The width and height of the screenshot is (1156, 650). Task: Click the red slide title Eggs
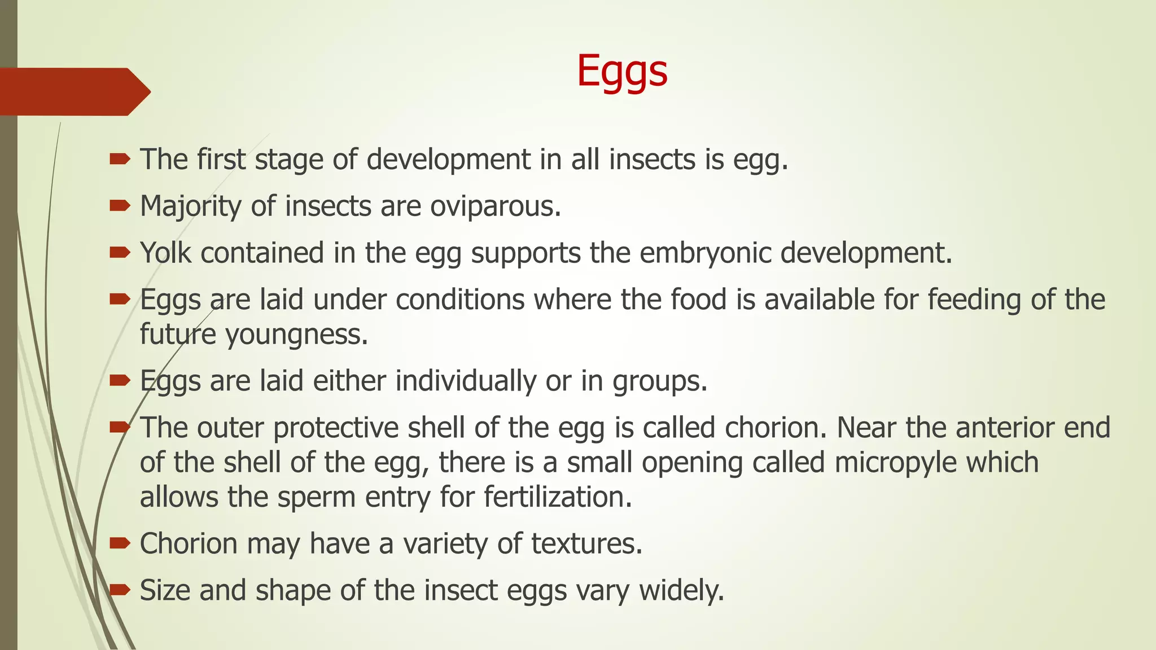click(622, 72)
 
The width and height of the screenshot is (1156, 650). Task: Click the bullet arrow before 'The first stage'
click(120, 160)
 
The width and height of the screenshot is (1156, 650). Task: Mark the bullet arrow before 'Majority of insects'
click(120, 207)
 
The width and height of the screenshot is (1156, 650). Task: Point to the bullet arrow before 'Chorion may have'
click(120, 543)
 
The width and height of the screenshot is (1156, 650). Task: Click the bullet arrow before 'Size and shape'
click(120, 590)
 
